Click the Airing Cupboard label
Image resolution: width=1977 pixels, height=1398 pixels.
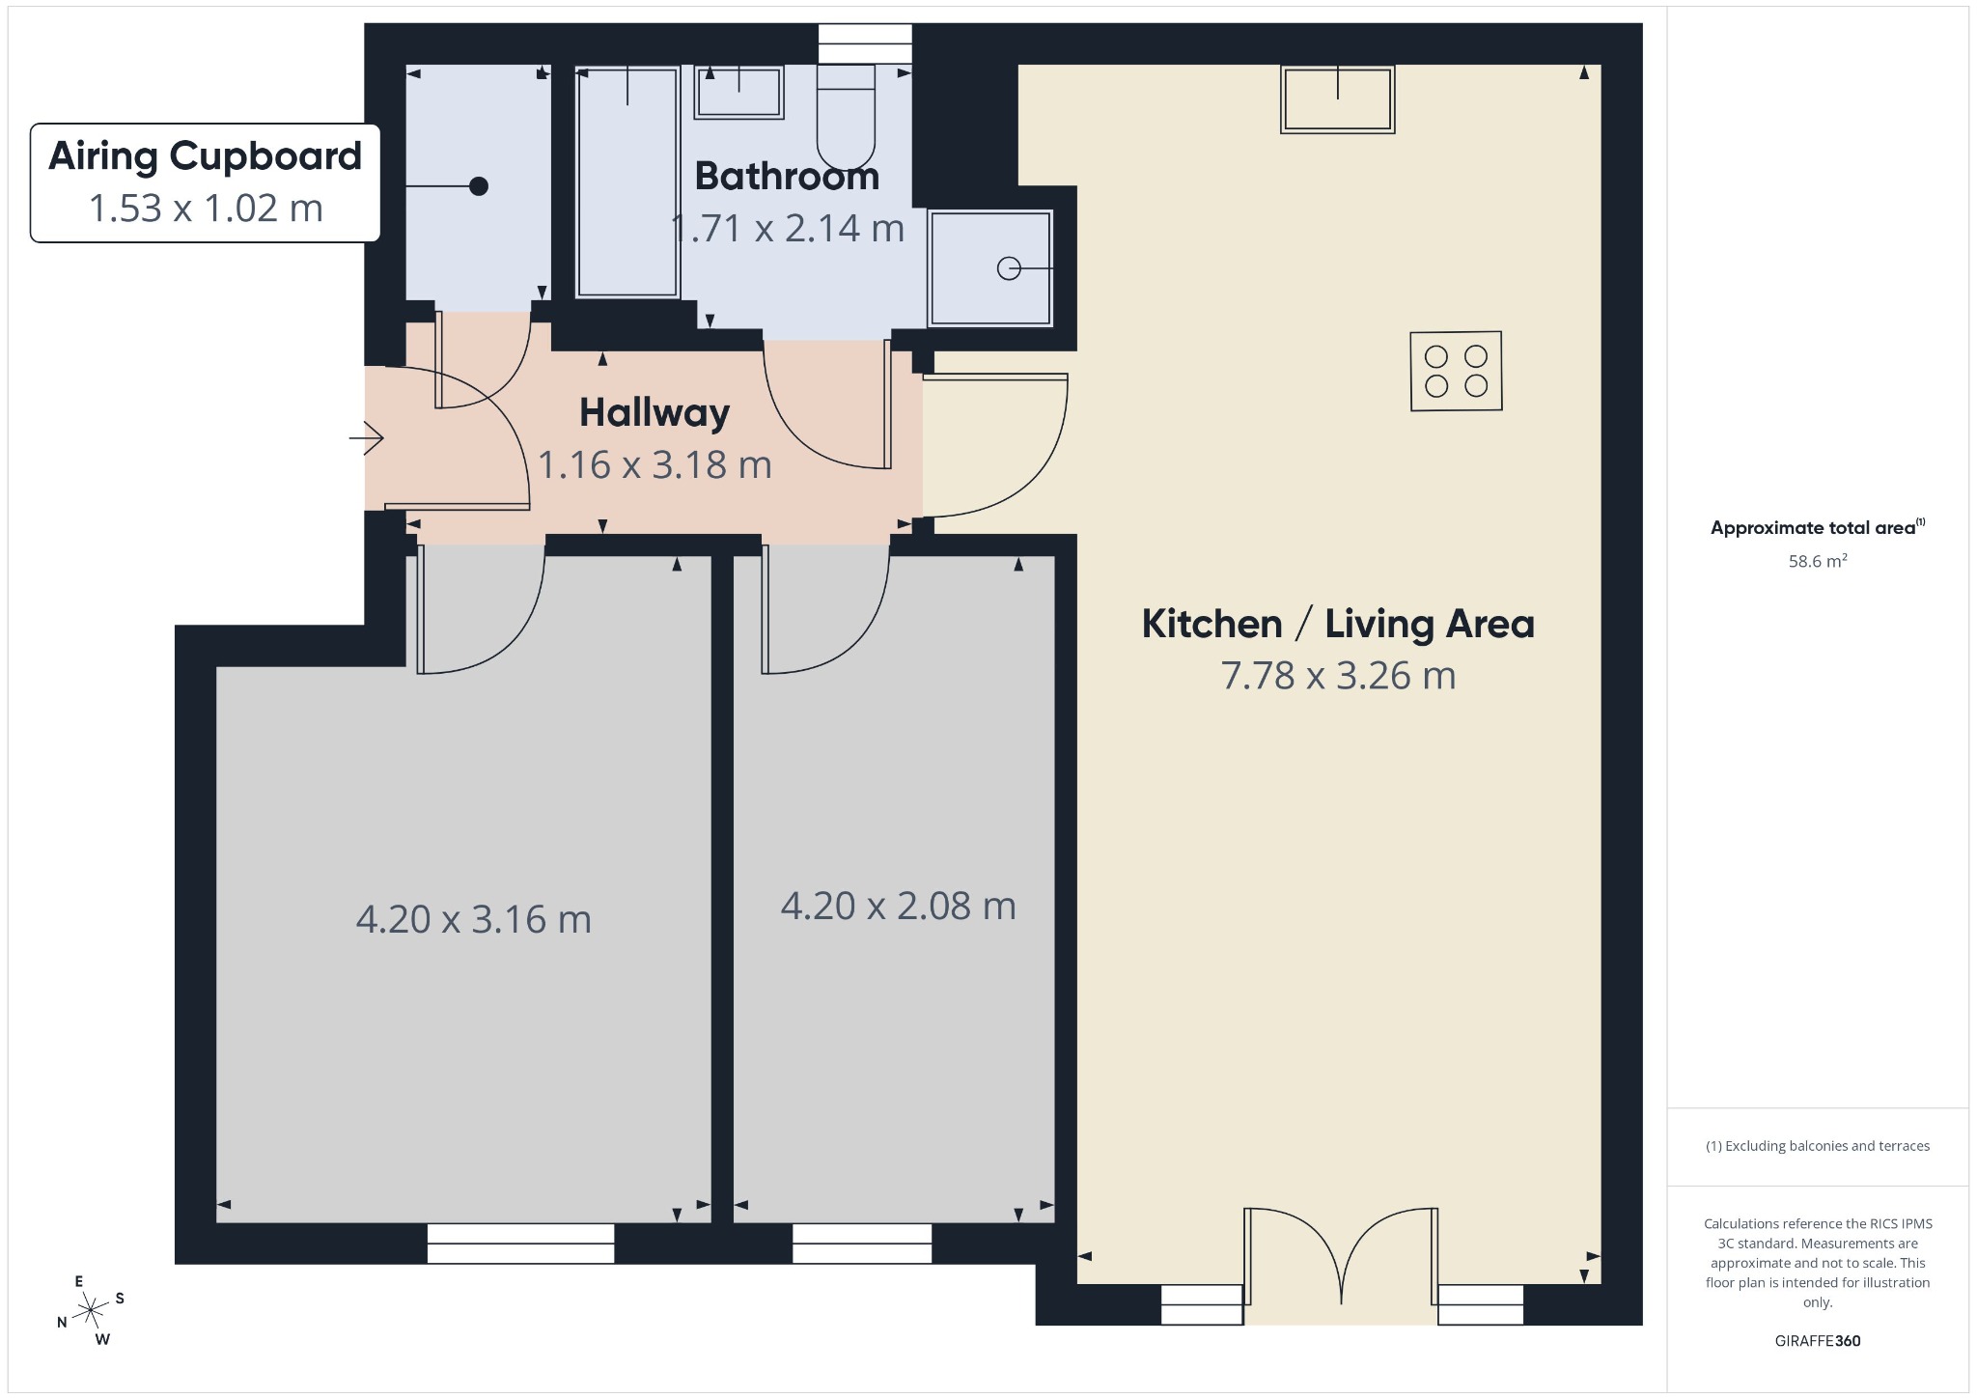pyautogui.click(x=205, y=156)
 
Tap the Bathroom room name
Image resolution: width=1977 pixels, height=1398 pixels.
pyautogui.click(x=787, y=176)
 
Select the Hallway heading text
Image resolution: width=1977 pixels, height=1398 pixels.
pyautogui.click(x=654, y=412)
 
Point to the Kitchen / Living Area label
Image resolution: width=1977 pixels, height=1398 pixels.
pyautogui.click(x=1338, y=624)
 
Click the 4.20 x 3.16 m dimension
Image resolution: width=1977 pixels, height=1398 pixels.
pyautogui.click(x=473, y=918)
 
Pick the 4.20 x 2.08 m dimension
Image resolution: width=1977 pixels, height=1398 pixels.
pyautogui.click(x=898, y=906)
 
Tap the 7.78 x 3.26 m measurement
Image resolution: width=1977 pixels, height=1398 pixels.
pyautogui.click(x=1338, y=675)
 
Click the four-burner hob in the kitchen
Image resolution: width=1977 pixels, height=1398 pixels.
pyautogui.click(x=1456, y=372)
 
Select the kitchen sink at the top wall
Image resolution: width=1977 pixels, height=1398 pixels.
pyautogui.click(x=1338, y=98)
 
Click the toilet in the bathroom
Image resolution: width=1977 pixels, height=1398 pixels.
pyautogui.click(x=846, y=117)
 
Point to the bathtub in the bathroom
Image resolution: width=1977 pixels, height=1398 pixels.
pyautogui.click(x=627, y=182)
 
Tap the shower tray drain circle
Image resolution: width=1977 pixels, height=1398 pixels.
pyautogui.click(x=1009, y=268)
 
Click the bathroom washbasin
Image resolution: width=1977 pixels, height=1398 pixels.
pyautogui.click(x=739, y=93)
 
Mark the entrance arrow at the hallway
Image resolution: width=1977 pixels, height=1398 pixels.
pyautogui.click(x=367, y=438)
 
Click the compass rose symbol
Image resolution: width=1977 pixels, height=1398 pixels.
pyautogui.click(x=91, y=1310)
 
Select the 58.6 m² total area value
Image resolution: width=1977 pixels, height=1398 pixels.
pyautogui.click(x=1818, y=560)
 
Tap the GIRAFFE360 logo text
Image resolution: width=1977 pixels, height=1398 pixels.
pyautogui.click(x=1818, y=1340)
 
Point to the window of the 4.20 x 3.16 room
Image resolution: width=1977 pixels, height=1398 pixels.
pyautogui.click(x=520, y=1244)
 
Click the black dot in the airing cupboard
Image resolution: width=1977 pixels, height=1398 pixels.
pyautogui.click(x=479, y=186)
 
